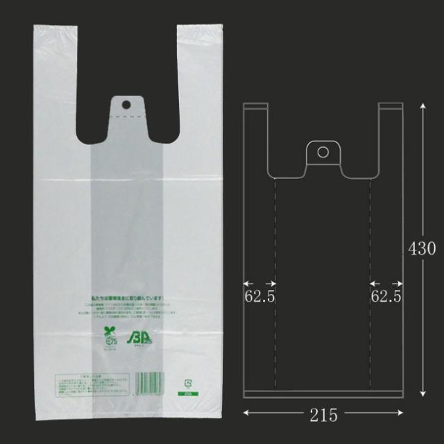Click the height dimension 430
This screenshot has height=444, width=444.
click(x=422, y=248)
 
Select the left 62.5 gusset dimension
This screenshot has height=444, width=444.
click(x=259, y=296)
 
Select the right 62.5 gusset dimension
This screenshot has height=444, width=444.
click(x=386, y=296)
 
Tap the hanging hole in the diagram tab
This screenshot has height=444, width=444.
click(x=323, y=152)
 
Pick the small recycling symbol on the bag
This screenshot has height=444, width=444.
click(x=186, y=382)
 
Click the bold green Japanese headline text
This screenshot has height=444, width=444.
click(x=131, y=298)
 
